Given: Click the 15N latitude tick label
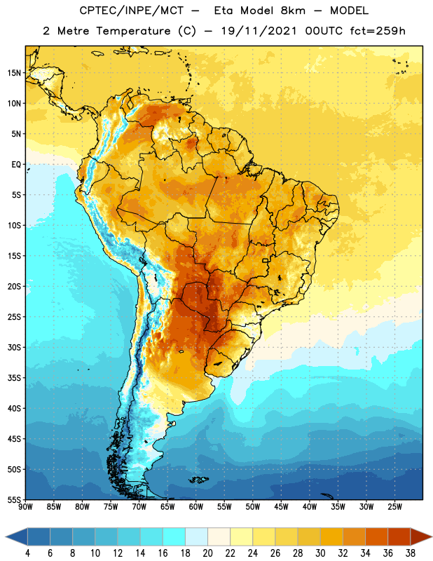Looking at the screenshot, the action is point(14,73).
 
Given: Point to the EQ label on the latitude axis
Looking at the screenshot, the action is point(16,165).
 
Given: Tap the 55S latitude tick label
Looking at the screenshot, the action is point(14,499).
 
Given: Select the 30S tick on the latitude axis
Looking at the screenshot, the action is point(14,347).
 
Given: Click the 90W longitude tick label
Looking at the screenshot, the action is point(25,506).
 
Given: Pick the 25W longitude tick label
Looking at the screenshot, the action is point(394,506).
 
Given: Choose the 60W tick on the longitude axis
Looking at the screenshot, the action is point(196,506).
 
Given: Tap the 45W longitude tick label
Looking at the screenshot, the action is point(281,506).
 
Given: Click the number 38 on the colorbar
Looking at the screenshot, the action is point(411,553).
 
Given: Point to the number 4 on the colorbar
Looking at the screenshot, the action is point(27,553).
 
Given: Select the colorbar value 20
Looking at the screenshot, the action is point(207,553).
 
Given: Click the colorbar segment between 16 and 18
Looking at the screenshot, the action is point(174,536).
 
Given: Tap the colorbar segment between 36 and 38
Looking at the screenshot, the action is point(399,536).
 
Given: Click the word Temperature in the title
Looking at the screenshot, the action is point(133,31).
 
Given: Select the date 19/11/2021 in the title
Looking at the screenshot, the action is point(259,31).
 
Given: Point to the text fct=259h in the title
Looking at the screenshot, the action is point(378,31).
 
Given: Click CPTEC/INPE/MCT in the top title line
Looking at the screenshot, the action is point(131,11).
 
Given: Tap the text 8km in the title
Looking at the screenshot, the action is point(293,11).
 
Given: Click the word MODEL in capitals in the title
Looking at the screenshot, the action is point(350,11).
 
